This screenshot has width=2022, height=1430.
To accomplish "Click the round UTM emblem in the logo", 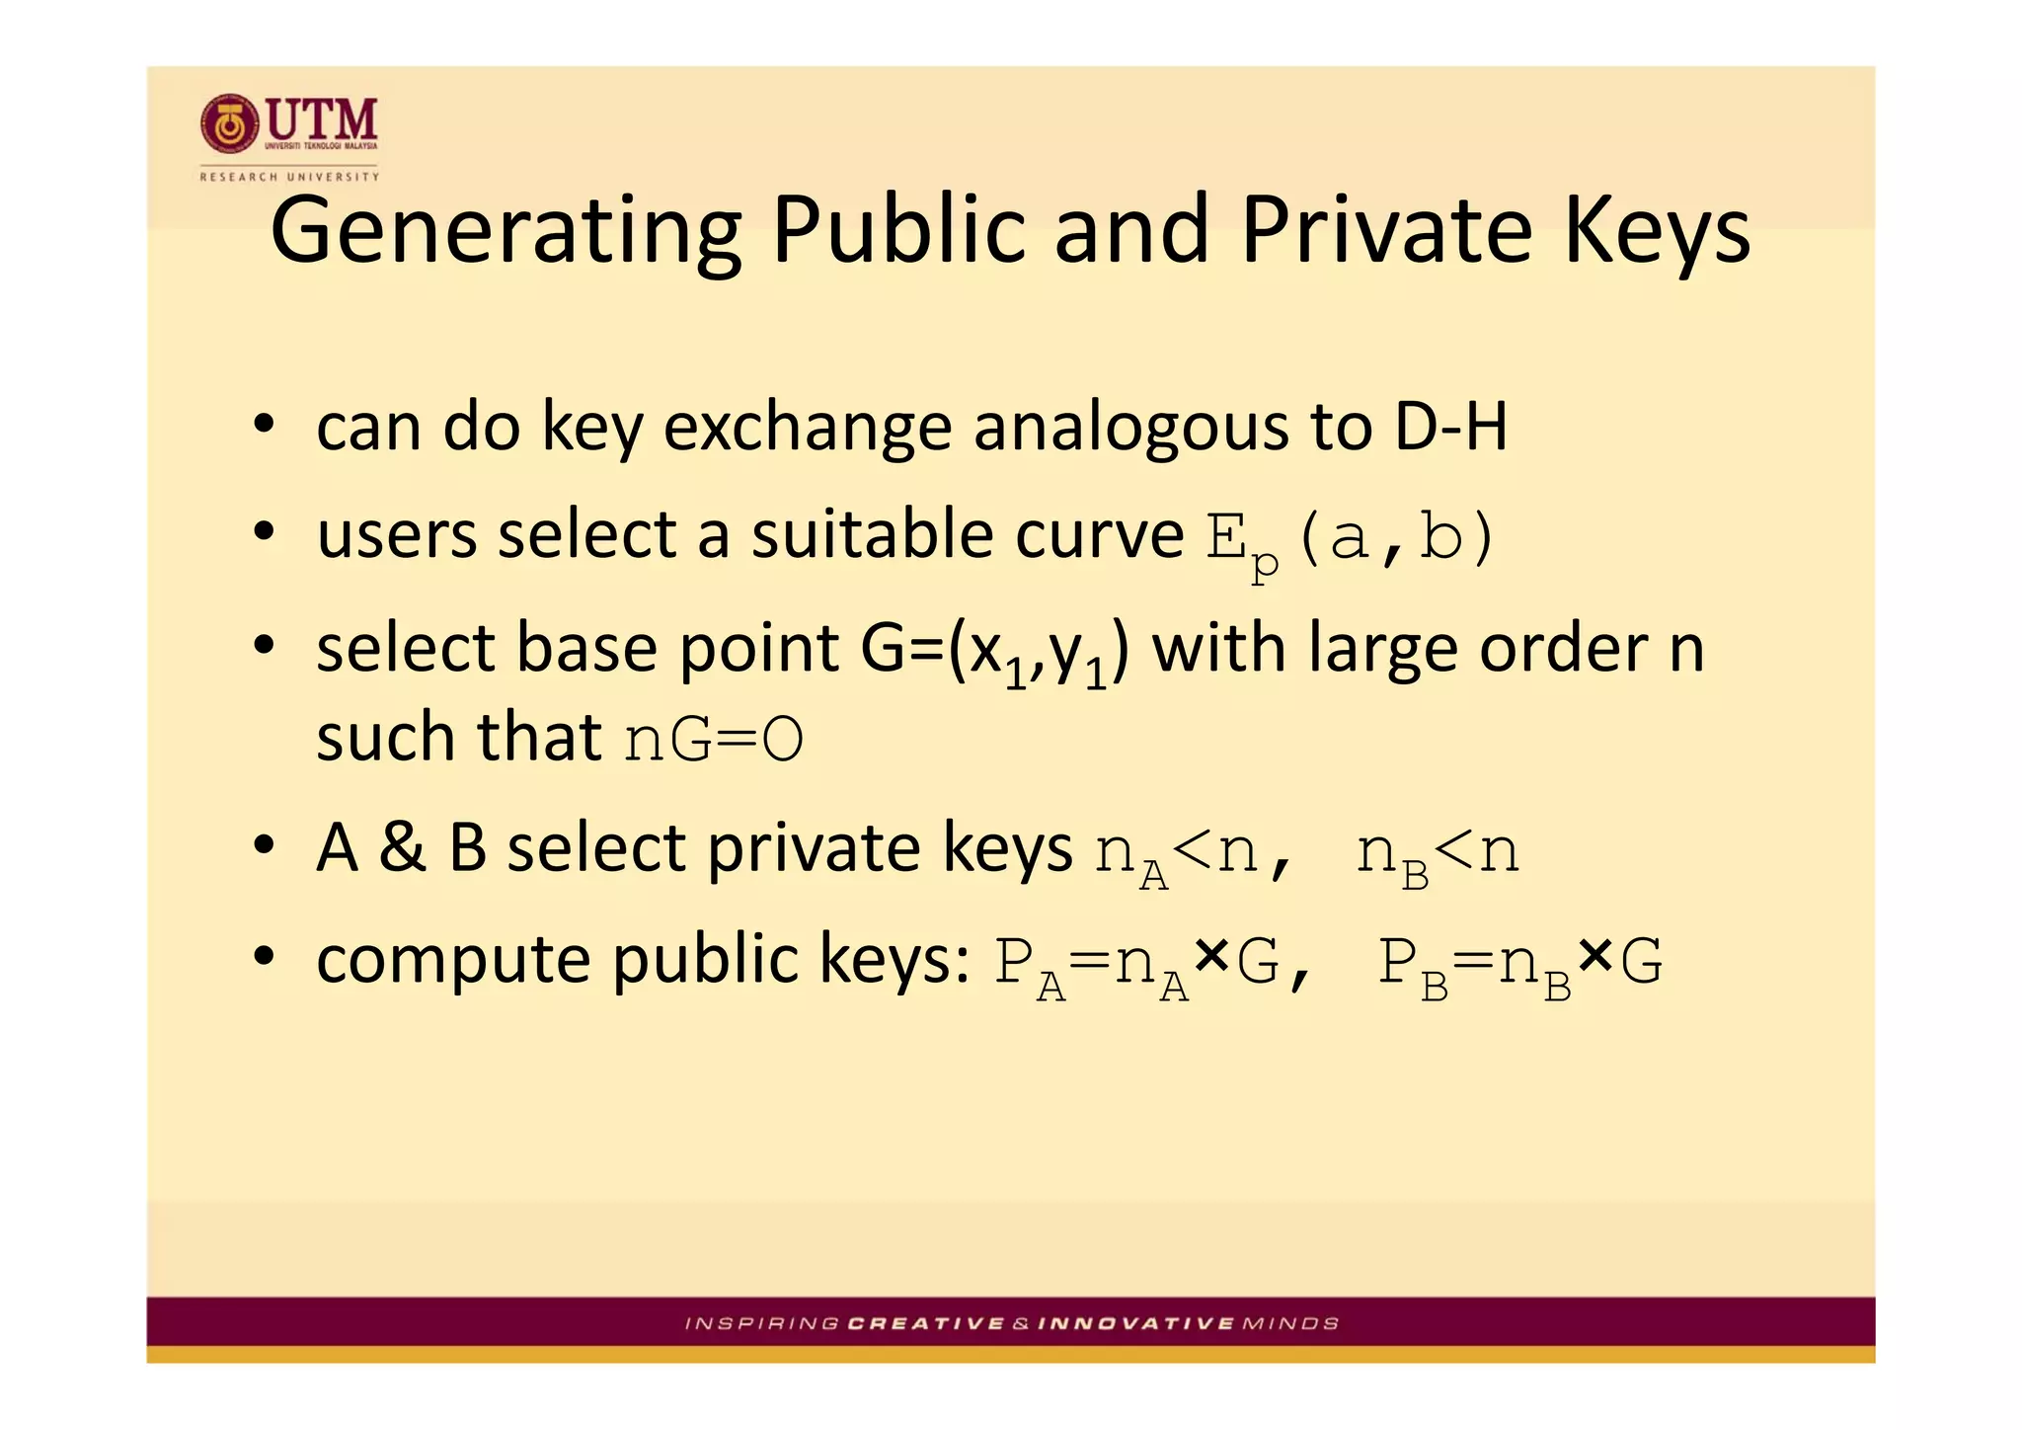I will click(229, 124).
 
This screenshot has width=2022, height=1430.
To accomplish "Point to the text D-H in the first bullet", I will click(1451, 427).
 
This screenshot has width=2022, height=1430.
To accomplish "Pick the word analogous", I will click(1131, 429).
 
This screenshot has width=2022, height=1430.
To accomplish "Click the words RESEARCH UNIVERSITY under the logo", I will click(289, 177).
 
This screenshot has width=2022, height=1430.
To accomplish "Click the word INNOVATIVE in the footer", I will click(1136, 1323).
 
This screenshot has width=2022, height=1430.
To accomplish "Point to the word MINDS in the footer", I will click(1290, 1323).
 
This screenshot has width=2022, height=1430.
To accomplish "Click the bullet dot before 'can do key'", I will click(263, 427).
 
